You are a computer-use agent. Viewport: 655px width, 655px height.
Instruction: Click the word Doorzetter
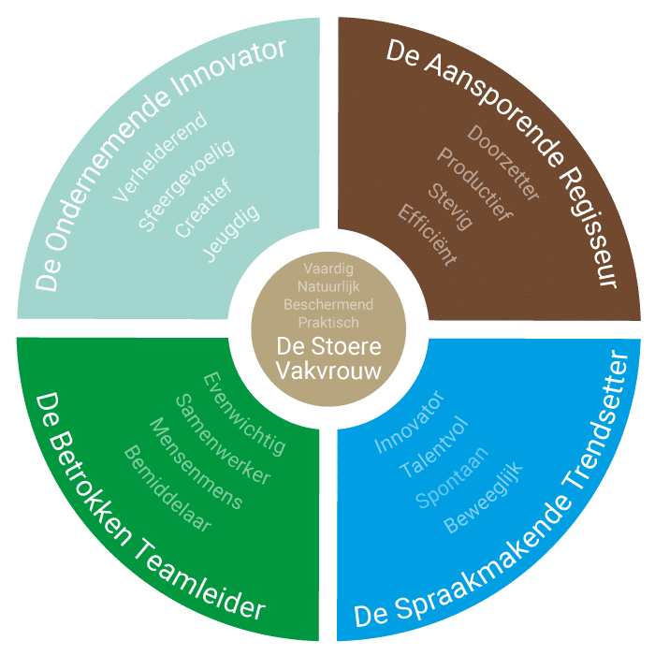pos(504,163)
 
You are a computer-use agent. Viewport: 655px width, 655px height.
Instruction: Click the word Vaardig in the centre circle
pos(328,269)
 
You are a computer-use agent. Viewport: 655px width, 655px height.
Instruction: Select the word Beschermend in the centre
pos(328,305)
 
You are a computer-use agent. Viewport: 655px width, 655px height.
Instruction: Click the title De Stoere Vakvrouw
pos(328,357)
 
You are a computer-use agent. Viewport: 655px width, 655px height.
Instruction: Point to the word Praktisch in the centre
pos(328,322)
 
